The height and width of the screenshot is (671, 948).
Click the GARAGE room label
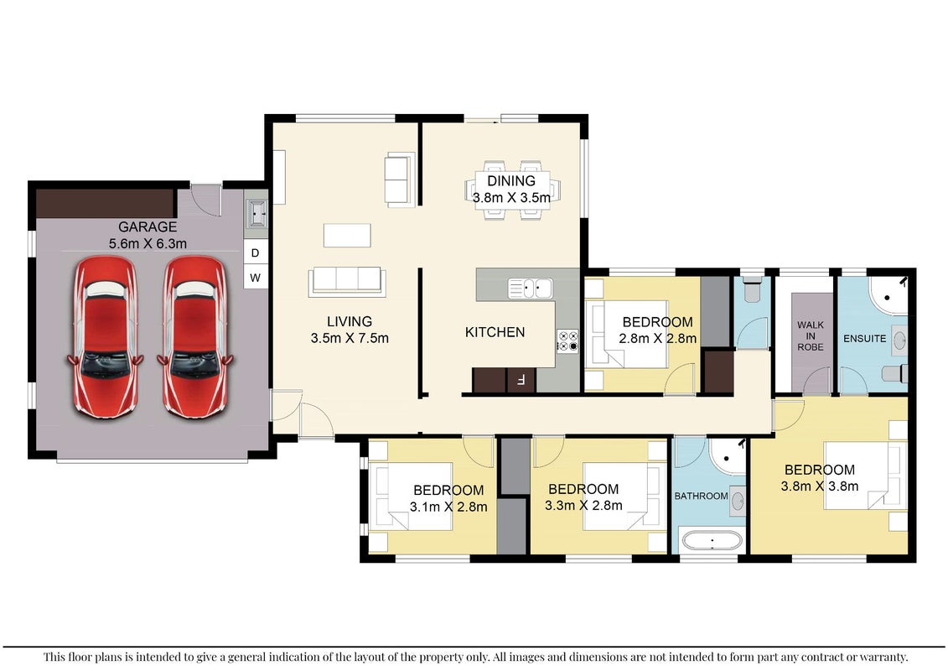(148, 227)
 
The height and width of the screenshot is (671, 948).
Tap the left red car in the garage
(106, 338)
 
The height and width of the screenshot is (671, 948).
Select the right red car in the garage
(195, 337)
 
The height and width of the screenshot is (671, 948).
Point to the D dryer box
(255, 253)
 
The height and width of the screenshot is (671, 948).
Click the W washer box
(255, 278)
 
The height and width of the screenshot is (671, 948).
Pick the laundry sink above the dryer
(257, 214)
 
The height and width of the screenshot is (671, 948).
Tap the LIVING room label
(350, 322)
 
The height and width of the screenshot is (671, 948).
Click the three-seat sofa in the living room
(347, 282)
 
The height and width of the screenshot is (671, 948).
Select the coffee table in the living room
(347, 236)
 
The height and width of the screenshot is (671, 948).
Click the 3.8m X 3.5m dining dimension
(511, 198)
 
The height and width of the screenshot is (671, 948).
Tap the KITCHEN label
(495, 332)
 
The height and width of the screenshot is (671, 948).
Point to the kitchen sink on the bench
(531, 289)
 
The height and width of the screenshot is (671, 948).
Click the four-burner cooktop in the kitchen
(567, 341)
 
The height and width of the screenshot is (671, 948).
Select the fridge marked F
(521, 381)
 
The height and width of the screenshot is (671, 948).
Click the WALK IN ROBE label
(811, 335)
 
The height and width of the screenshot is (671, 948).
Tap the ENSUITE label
(864, 339)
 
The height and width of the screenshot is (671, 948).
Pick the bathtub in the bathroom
(712, 540)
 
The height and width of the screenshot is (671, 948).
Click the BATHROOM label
(702, 497)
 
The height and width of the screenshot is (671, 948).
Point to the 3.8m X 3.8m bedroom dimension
(820, 486)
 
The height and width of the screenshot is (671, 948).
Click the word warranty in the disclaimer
(881, 657)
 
